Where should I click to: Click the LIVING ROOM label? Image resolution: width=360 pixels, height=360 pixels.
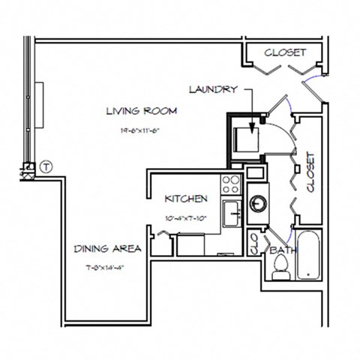[141, 112]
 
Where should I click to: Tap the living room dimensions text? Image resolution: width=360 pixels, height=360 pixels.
[141, 130]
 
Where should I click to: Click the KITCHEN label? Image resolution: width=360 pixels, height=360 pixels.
[186, 199]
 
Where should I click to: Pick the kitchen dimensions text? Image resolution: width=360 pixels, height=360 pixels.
[186, 218]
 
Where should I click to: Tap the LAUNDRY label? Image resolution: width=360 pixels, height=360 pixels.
[213, 89]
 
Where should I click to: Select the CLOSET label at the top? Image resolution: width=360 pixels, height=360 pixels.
[285, 52]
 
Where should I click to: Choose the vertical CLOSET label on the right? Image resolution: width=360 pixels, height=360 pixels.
[310, 173]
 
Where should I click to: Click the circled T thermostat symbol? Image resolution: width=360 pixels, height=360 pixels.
[46, 166]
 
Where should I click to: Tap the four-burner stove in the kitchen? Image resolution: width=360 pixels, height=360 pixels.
[232, 183]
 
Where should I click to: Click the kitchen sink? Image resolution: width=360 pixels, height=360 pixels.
[232, 211]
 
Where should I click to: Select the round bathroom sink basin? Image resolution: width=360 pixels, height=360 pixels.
[258, 202]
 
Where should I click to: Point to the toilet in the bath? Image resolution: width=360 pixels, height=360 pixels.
[282, 267]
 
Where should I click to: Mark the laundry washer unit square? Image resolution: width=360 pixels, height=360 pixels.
[247, 139]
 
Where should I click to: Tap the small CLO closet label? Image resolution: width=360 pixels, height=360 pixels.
[253, 243]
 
